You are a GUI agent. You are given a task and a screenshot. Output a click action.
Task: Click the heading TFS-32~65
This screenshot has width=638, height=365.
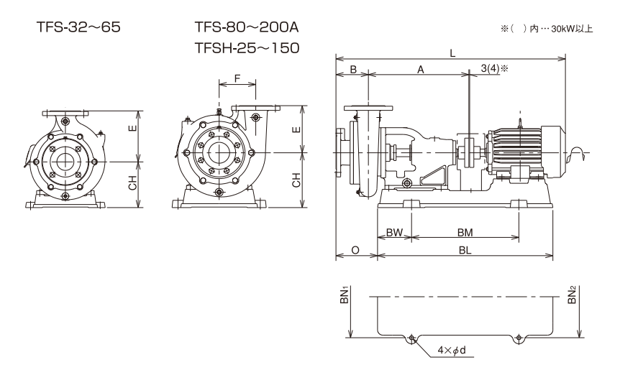point(78,27)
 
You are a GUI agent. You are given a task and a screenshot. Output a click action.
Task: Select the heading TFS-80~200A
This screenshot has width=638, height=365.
point(246,27)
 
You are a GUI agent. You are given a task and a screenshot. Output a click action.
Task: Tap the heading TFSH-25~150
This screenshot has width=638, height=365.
point(246,47)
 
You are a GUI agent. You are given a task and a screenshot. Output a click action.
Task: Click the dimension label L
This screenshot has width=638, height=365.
point(452,52)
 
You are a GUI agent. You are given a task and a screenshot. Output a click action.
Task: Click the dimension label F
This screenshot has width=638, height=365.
point(237,78)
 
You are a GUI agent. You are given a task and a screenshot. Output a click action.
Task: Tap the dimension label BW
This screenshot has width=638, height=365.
point(393,233)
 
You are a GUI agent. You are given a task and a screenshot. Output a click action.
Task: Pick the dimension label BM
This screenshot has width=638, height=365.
point(465,233)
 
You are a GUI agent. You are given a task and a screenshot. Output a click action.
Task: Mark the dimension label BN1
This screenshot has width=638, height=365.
point(344,295)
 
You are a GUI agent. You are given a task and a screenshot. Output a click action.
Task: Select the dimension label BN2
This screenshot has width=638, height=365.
point(573,295)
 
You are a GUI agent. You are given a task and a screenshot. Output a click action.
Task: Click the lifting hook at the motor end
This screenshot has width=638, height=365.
point(577,152)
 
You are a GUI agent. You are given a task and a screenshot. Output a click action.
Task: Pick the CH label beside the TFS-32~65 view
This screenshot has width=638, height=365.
point(132,185)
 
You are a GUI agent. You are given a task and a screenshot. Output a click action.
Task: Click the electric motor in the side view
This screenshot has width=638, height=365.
point(521,151)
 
